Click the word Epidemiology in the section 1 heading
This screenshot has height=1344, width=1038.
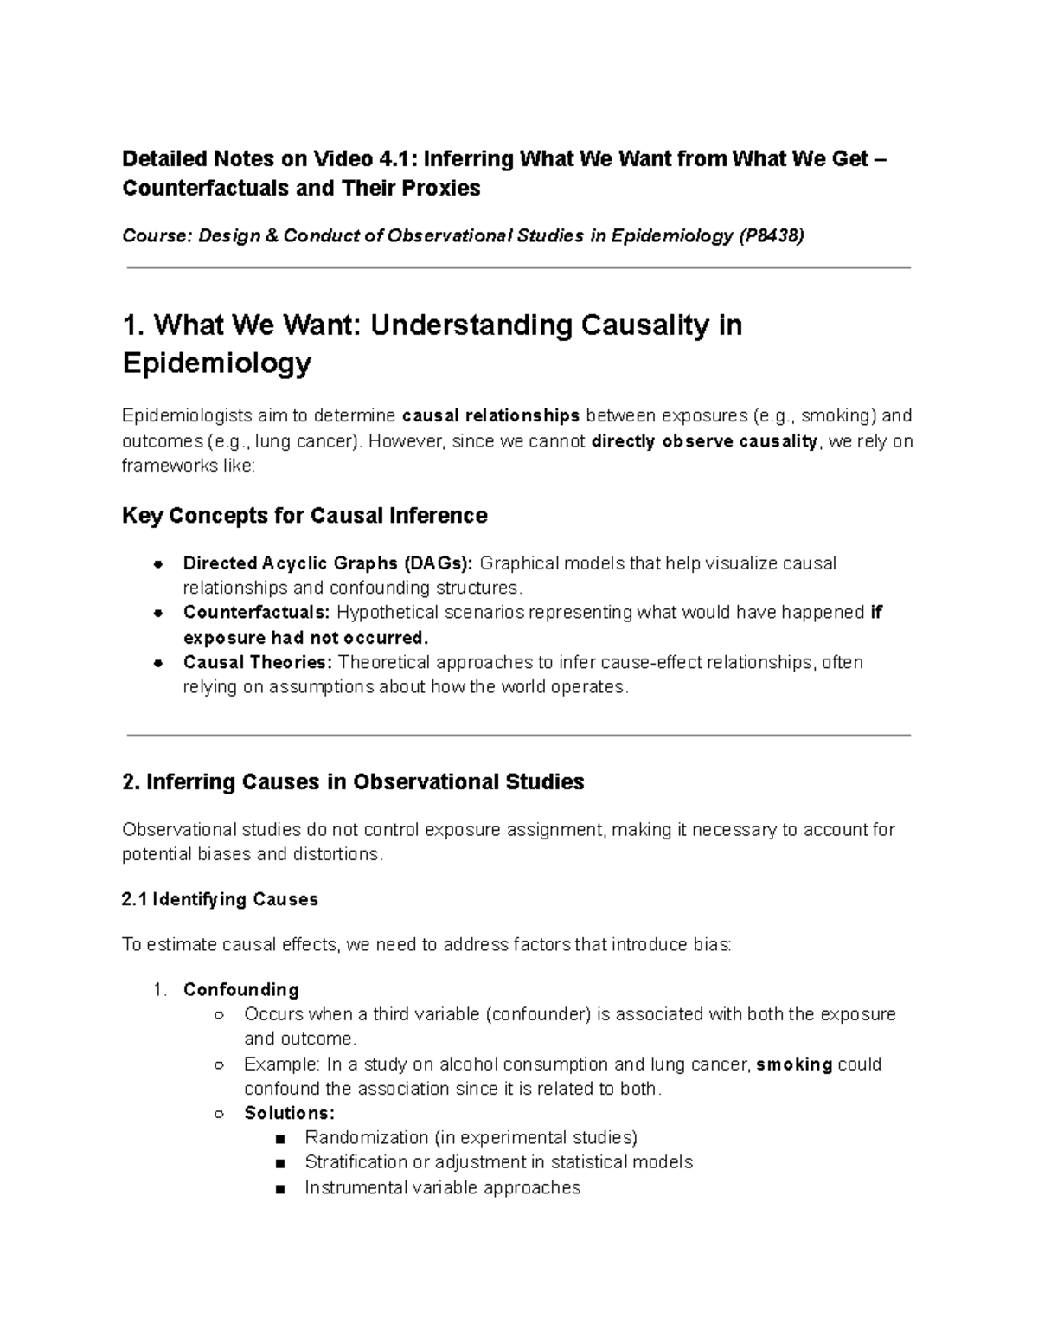coord(216,363)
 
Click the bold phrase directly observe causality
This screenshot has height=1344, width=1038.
coord(705,441)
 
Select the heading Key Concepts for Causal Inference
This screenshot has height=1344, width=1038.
coord(304,516)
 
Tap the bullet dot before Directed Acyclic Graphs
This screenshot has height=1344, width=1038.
coord(157,564)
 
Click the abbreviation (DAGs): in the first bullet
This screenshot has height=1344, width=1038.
coord(438,564)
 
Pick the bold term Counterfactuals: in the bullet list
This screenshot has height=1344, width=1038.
coord(257,613)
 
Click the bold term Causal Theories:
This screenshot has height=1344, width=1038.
coord(257,663)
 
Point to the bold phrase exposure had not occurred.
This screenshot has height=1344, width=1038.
coord(305,638)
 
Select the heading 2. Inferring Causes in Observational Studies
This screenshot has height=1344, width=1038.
coord(353,782)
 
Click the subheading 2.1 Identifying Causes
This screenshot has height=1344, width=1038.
coord(220,900)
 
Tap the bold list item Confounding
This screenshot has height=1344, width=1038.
coord(240,989)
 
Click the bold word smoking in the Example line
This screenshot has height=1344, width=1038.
coord(794,1064)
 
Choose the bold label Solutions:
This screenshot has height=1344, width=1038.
coord(289,1113)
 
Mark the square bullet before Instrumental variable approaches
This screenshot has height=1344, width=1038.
coord(279,1188)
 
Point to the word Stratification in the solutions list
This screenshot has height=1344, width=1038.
coord(356,1162)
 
